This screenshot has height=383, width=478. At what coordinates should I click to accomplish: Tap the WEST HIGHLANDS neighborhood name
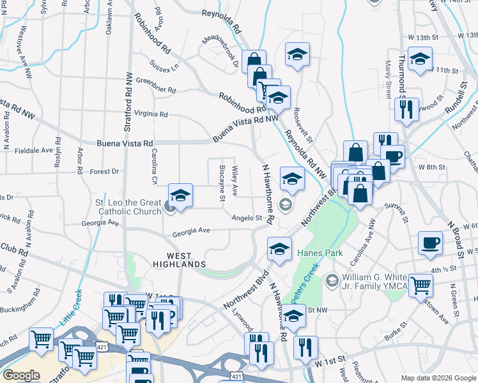pyautogui.click(x=178, y=264)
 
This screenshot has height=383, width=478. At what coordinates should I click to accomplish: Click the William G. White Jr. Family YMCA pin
pyautogui.click(x=332, y=280)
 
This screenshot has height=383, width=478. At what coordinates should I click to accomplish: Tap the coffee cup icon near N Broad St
pyautogui.click(x=430, y=243)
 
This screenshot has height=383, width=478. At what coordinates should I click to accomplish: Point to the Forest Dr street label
pyautogui.click(x=105, y=172)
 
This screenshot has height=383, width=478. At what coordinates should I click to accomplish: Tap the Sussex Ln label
pyautogui.click(x=165, y=65)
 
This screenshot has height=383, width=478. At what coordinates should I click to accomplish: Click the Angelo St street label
pyautogui.click(x=247, y=218)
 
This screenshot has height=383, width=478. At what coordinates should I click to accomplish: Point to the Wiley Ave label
pyautogui.click(x=235, y=181)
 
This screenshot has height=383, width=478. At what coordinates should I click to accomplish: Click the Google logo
pyautogui.click(x=21, y=375)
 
